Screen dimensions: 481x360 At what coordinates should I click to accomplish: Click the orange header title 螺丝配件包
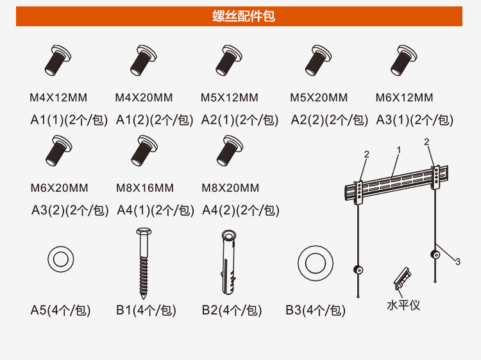pyautogui.click(x=244, y=16)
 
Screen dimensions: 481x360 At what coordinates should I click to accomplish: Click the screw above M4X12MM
pyautogui.click(x=58, y=60)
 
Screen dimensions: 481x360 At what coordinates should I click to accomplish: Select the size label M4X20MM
pyautogui.click(x=144, y=98)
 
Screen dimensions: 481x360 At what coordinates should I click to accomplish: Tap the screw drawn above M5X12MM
pyautogui.click(x=229, y=60)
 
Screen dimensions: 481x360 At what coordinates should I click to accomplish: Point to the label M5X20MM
pyautogui.click(x=319, y=98)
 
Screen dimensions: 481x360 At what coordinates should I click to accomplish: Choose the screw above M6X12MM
pyautogui.click(x=403, y=60)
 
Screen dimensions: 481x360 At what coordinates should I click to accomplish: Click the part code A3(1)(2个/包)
pyautogui.click(x=415, y=120)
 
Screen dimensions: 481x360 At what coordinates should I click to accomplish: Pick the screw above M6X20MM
pyautogui.click(x=59, y=151)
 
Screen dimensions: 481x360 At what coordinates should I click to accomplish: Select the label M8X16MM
pyautogui.click(x=145, y=188)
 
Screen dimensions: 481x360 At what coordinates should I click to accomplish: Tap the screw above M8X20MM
pyautogui.click(x=230, y=151)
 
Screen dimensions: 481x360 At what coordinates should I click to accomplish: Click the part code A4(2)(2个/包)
pyautogui.click(x=240, y=210)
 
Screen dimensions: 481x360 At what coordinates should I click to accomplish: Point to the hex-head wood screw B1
pyautogui.click(x=144, y=263)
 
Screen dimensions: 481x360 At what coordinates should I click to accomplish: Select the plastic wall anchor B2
pyautogui.click(x=229, y=262)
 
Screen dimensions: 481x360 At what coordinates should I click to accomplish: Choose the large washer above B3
pyautogui.click(x=316, y=263)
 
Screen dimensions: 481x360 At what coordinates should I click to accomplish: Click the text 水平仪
pyautogui.click(x=403, y=305)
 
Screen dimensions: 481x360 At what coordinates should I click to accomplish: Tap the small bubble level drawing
pyautogui.click(x=402, y=278)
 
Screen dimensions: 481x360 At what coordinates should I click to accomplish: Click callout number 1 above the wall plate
pyautogui.click(x=398, y=150)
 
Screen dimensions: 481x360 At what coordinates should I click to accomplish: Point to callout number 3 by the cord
pyautogui.click(x=458, y=262)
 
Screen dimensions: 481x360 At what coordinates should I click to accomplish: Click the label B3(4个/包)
pyautogui.click(x=316, y=310)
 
